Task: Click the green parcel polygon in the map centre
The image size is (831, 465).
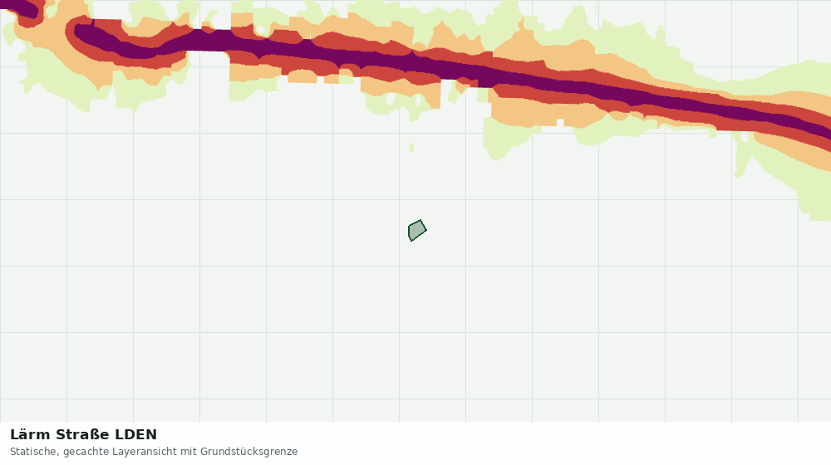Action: pos(417,230)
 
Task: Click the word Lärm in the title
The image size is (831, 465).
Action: pos(31,435)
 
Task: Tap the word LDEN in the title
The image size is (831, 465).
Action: pos(136,435)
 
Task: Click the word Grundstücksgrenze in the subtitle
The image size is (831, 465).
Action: pos(248,452)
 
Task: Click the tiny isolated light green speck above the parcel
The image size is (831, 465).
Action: pos(411,147)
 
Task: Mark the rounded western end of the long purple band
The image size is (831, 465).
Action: pos(81,33)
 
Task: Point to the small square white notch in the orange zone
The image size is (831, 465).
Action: pos(560,123)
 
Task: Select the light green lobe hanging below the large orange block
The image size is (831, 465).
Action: pos(504,139)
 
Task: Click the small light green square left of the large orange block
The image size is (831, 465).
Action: pos(482,95)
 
